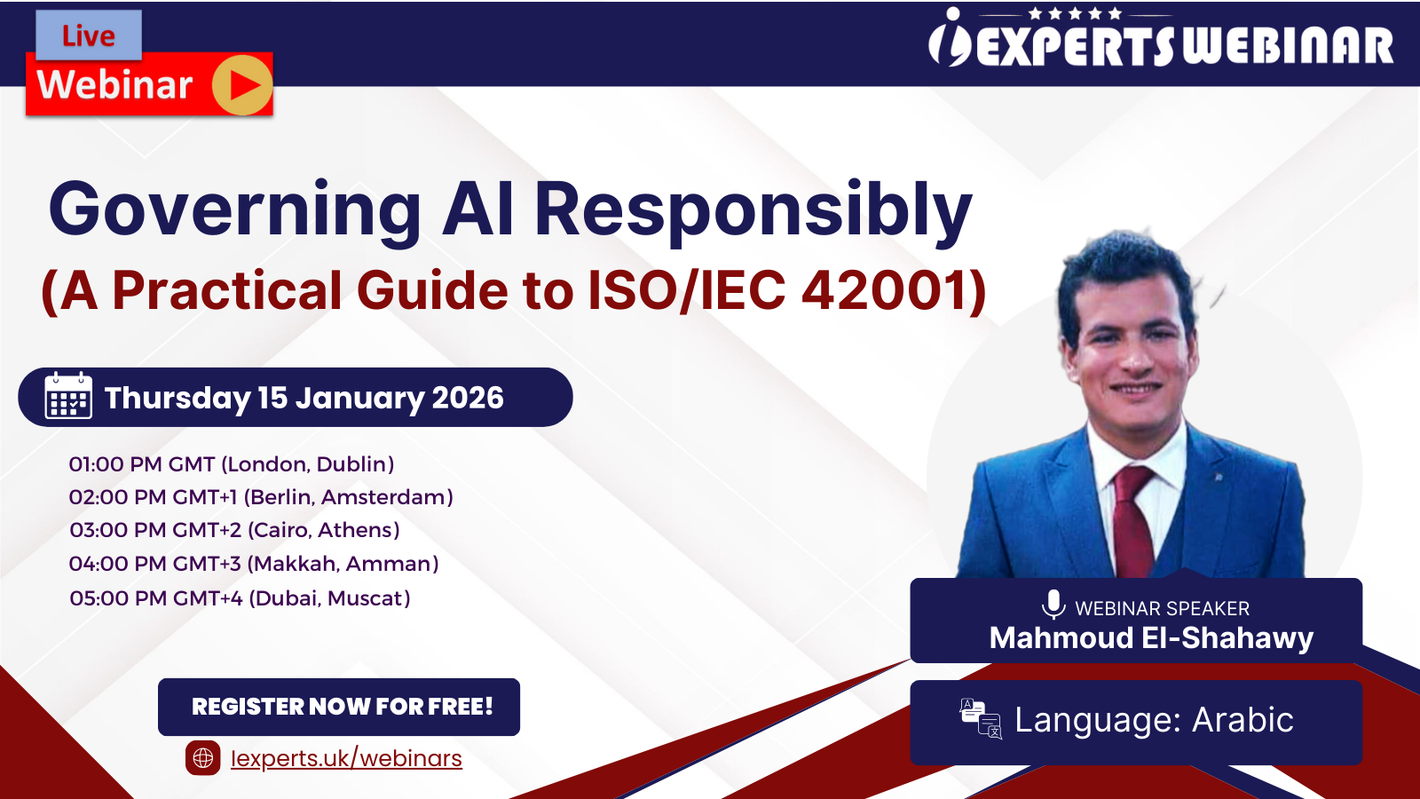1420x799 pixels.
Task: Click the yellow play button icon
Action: point(242,85)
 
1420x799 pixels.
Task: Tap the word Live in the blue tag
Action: point(89,36)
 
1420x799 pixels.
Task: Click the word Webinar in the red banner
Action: point(114,85)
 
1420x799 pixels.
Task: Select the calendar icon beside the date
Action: point(68,396)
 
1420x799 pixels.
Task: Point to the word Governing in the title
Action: point(235,210)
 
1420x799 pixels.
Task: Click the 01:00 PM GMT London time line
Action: point(232,464)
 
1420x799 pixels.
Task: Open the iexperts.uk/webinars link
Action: point(346,758)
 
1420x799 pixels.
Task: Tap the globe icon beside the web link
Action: point(203,758)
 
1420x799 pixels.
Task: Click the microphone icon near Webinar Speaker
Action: point(1053,605)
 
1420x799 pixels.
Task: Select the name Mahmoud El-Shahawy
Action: point(1151,638)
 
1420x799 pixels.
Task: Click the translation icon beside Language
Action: point(981,719)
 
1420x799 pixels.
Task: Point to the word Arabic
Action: point(1242,720)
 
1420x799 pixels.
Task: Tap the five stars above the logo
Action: point(1075,13)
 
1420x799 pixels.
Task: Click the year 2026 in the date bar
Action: point(468,398)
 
